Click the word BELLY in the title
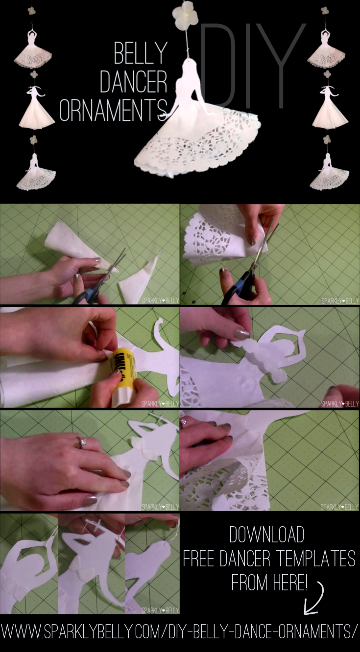141,54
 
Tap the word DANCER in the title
133,82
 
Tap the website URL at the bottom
179,632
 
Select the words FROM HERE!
269,582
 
